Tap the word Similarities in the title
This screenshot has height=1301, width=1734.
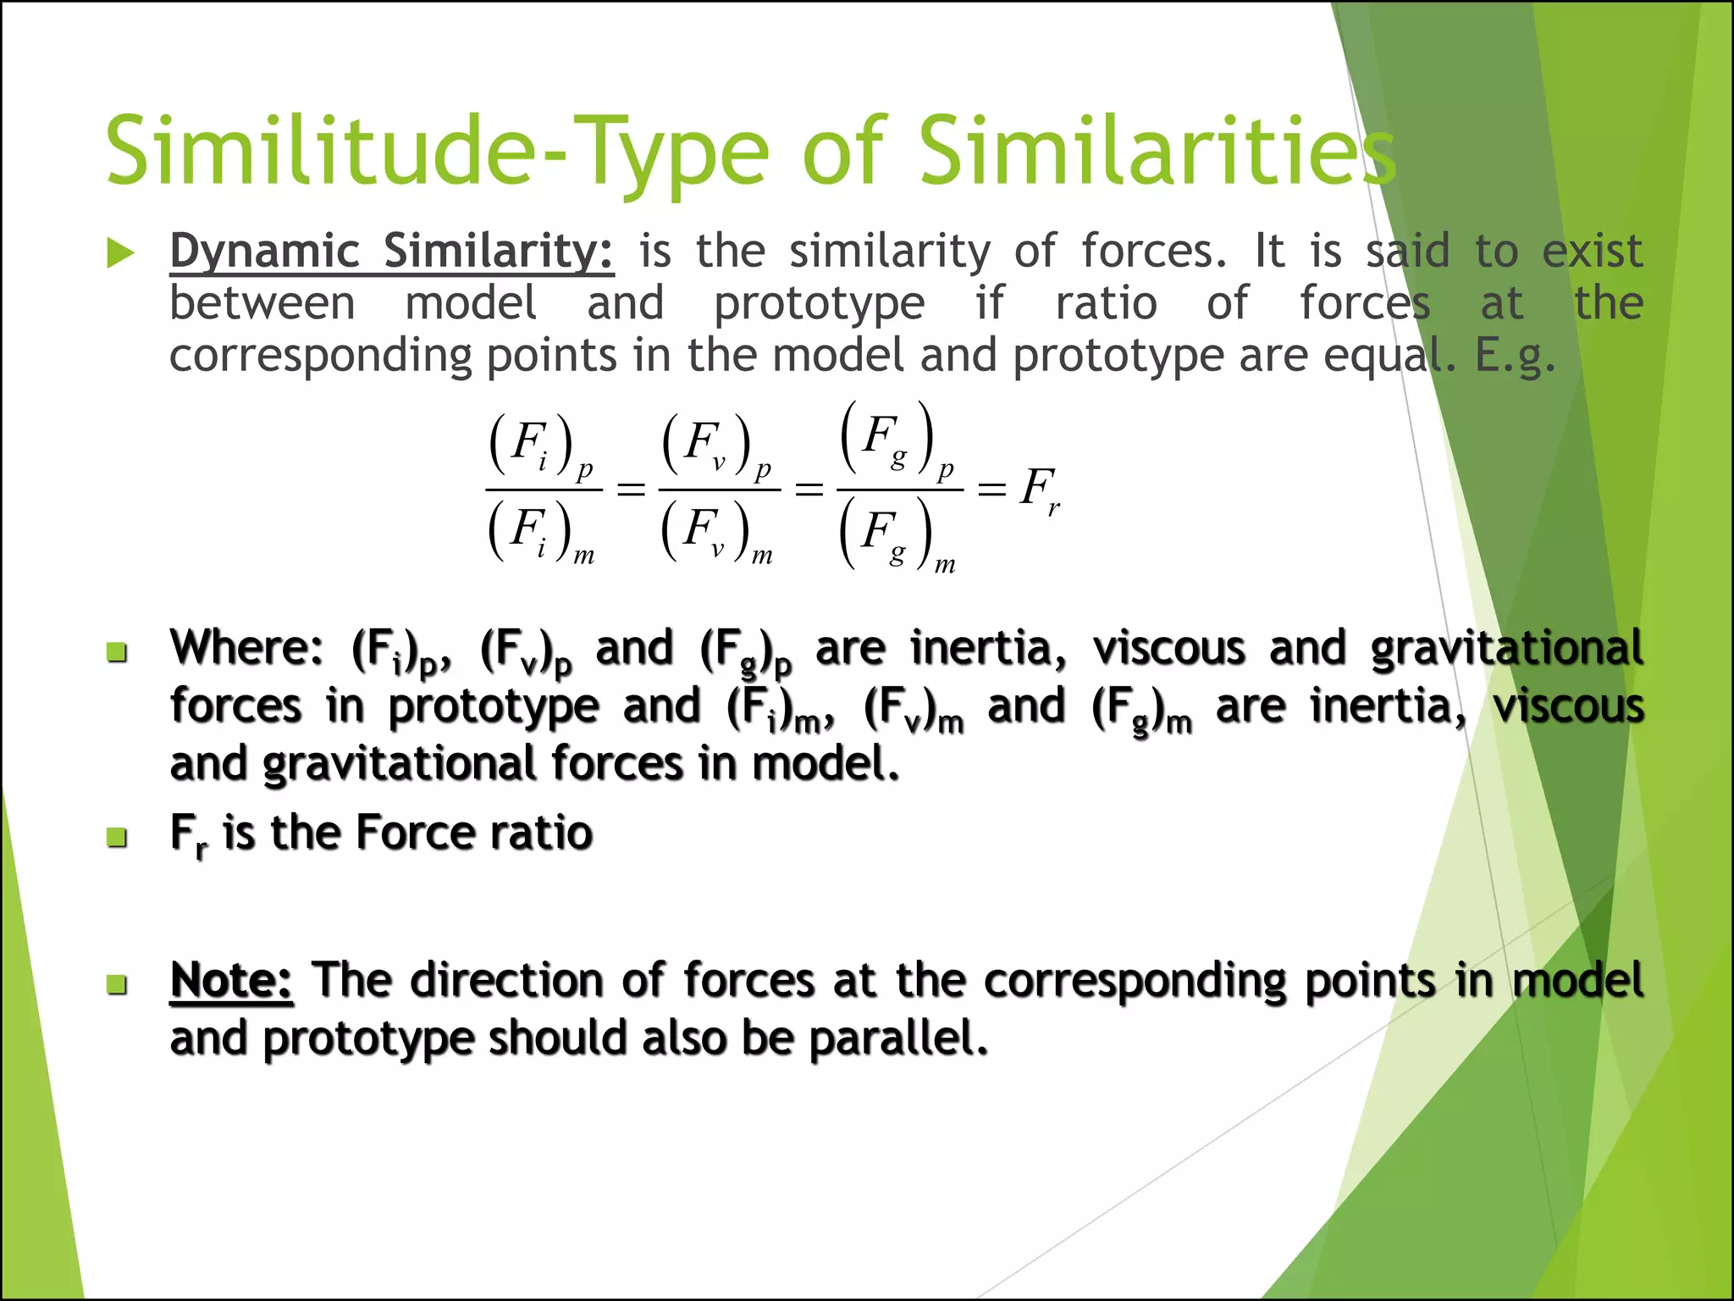click(x=1157, y=151)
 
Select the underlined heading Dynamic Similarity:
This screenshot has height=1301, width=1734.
click(x=391, y=252)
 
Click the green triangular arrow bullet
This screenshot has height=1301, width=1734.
click(x=121, y=253)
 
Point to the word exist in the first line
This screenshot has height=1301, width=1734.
click(x=1592, y=252)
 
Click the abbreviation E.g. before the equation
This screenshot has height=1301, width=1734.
click(x=1515, y=355)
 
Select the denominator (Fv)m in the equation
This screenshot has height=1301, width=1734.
click(x=716, y=532)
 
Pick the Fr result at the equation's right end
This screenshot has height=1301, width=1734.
click(x=1039, y=490)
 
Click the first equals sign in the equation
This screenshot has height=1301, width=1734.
click(x=631, y=489)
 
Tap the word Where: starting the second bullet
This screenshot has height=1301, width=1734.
click(x=246, y=648)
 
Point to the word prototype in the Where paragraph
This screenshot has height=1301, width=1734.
click(x=494, y=706)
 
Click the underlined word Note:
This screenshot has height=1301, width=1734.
click(x=231, y=981)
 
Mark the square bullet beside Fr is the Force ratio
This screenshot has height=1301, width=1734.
click(x=118, y=838)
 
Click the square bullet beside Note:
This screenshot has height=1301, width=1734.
click(x=118, y=984)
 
